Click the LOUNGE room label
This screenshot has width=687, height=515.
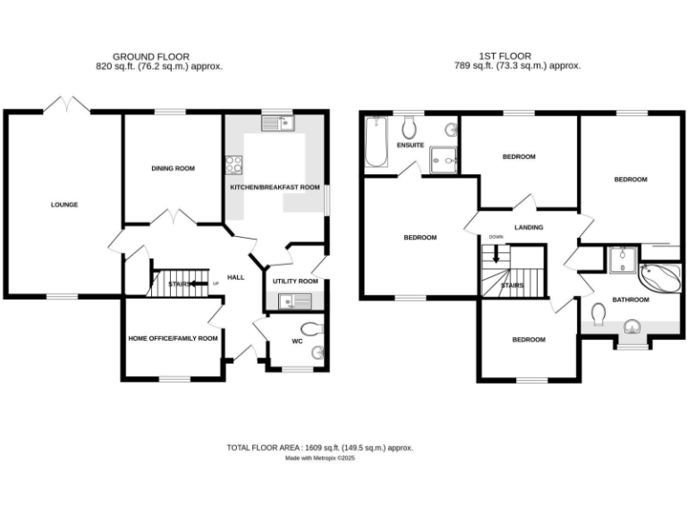click(64, 205)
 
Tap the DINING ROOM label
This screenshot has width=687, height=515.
click(173, 168)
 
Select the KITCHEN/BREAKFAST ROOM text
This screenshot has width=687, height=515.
click(275, 188)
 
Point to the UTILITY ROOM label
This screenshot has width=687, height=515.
click(295, 282)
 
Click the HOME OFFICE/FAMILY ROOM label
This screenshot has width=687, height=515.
click(173, 338)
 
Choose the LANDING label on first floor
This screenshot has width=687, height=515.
click(528, 228)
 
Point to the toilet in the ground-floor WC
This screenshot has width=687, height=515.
click(310, 327)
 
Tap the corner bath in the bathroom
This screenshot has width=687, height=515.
click(661, 277)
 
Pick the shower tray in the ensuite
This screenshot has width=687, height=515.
click(444, 159)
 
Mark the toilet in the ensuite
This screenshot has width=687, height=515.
click(410, 127)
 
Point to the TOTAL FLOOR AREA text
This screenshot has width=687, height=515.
click(319, 447)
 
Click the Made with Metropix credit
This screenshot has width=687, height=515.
click(320, 458)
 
